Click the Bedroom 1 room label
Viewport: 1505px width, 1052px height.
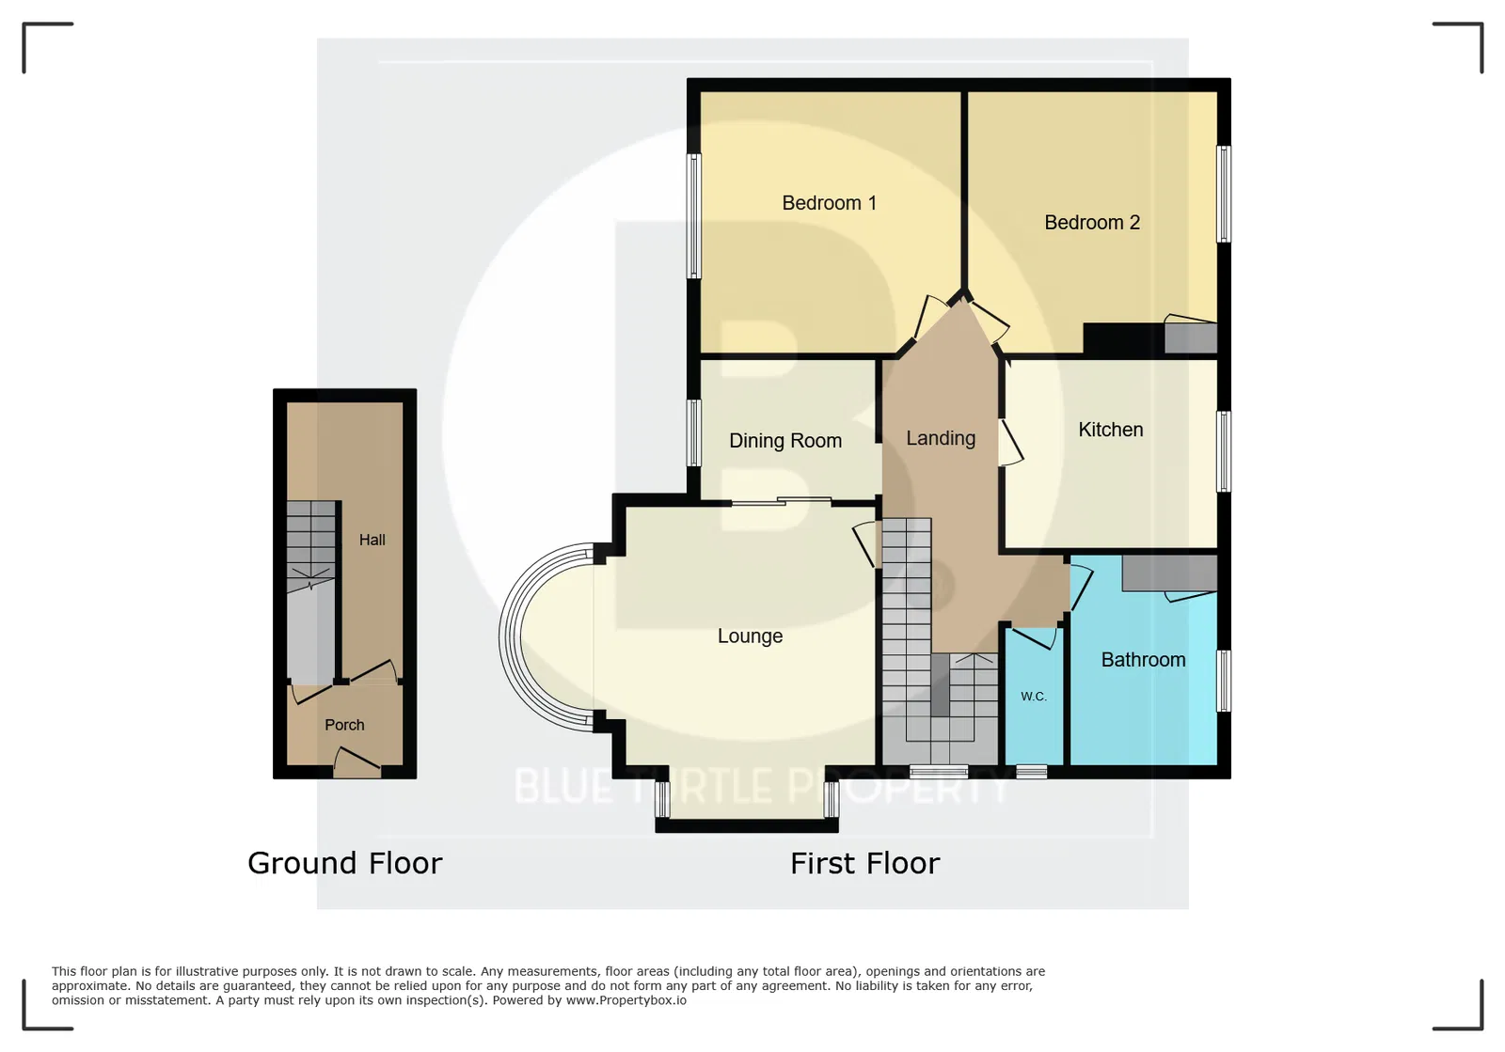[x=829, y=203]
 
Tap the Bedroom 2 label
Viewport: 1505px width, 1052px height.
[x=1092, y=222]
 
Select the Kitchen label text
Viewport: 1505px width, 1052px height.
[x=1111, y=430]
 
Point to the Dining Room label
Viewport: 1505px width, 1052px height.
[x=785, y=441]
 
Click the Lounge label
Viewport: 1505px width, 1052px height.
[x=750, y=636]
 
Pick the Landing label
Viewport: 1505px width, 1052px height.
[x=941, y=438]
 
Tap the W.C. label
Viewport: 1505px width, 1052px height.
[x=1034, y=697]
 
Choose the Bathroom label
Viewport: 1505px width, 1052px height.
[x=1143, y=660]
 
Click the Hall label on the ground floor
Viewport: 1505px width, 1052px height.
[x=372, y=540]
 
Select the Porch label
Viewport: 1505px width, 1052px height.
[x=344, y=725]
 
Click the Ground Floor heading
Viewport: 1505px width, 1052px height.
[x=344, y=863]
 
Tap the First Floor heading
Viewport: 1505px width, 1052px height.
[x=864, y=863]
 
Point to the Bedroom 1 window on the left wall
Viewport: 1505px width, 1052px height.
[x=693, y=215]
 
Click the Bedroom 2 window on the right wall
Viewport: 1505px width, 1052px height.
[x=1224, y=194]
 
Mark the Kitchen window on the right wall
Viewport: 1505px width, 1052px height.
[x=1224, y=451]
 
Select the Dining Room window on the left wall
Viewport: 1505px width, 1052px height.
[x=693, y=432]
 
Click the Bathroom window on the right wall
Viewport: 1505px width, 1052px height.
[x=1224, y=680]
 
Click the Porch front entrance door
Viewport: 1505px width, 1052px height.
[x=356, y=764]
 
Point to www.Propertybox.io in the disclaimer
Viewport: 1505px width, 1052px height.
[x=626, y=1000]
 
